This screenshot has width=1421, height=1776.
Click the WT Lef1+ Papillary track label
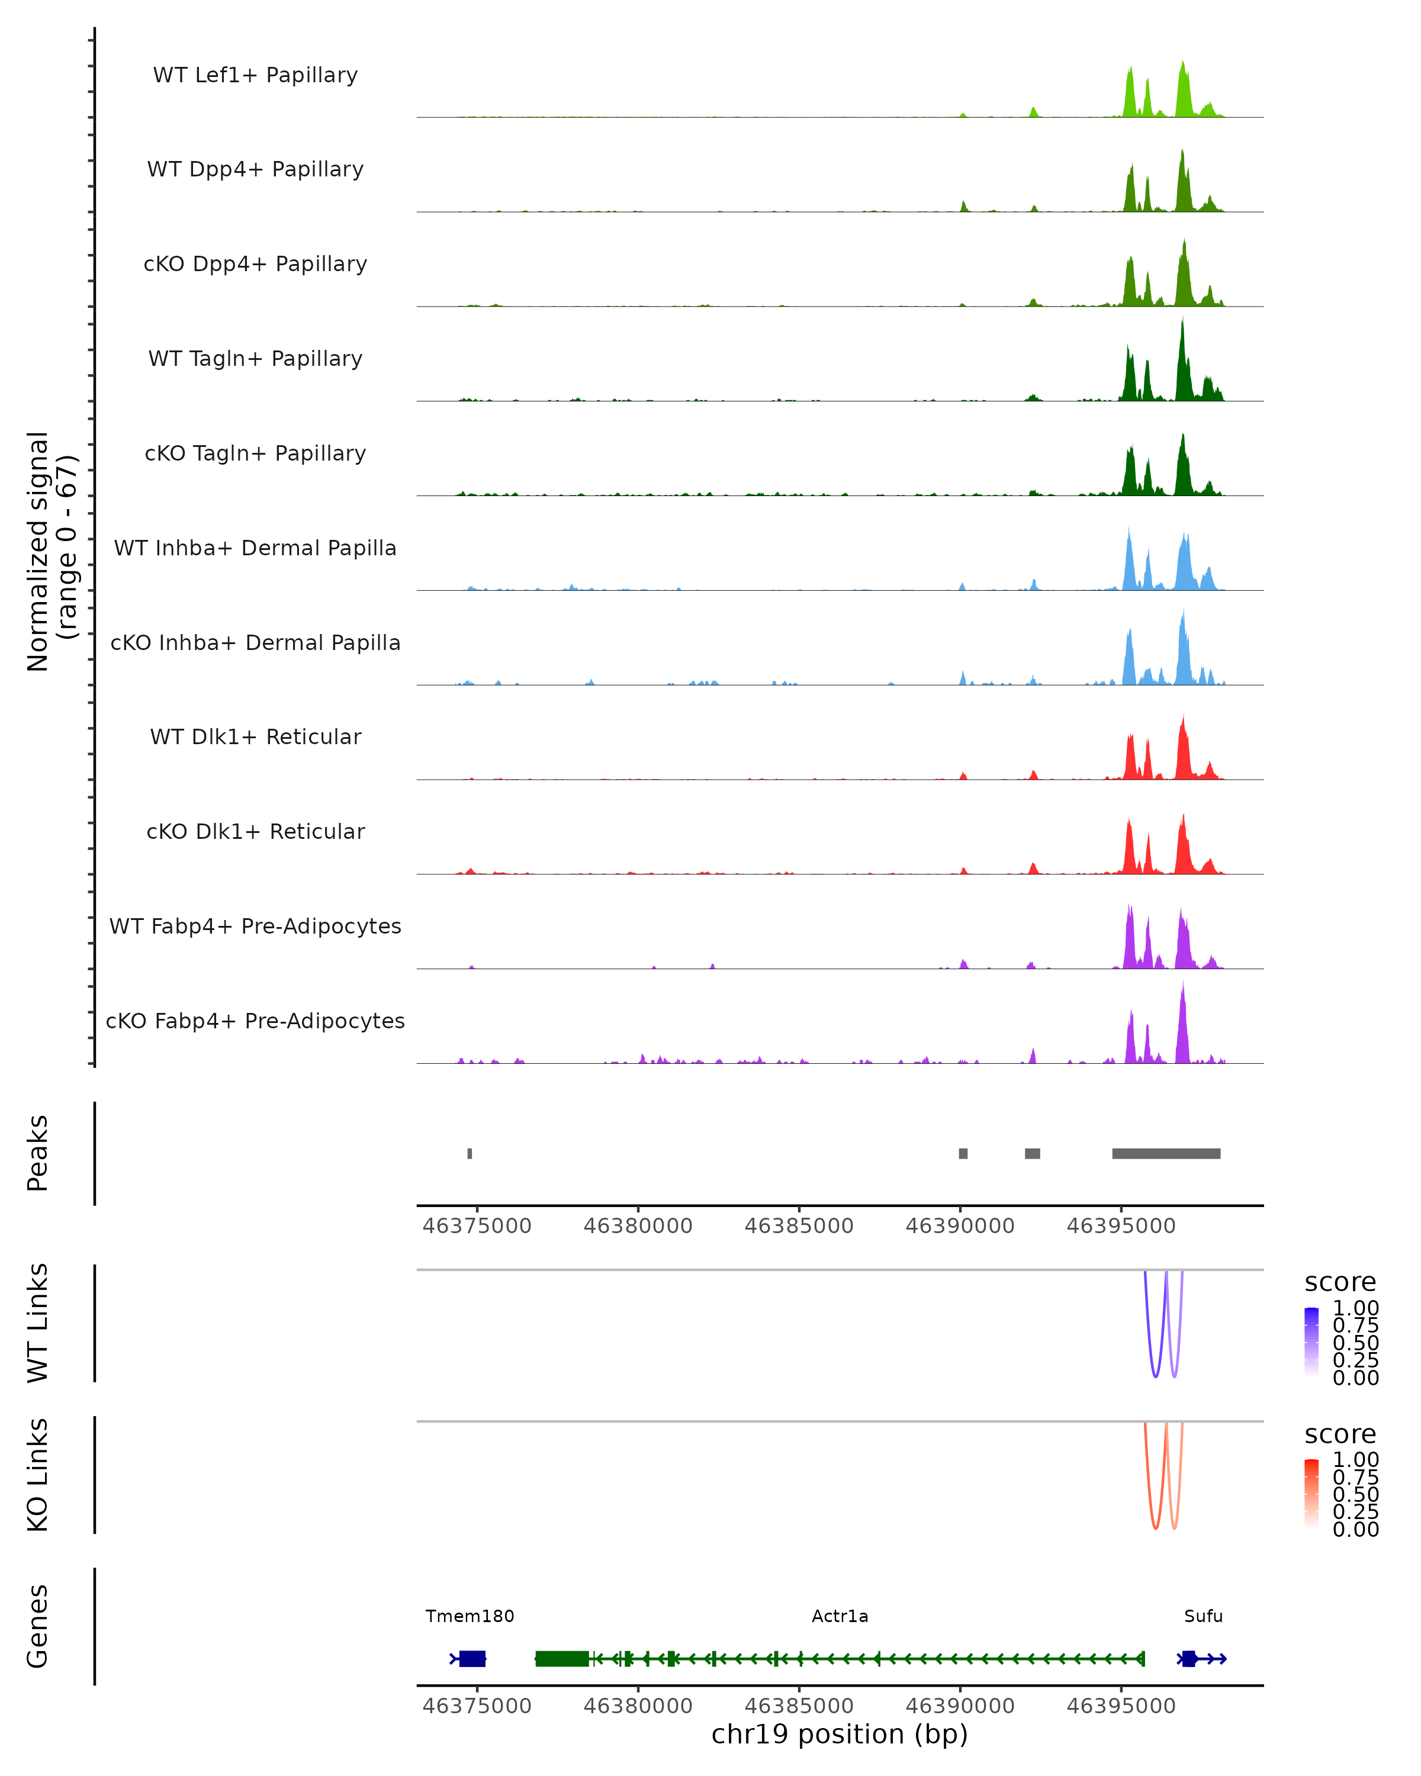point(255,75)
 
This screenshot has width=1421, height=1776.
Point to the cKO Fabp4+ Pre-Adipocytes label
point(255,1021)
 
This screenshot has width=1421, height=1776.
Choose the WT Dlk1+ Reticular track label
point(255,736)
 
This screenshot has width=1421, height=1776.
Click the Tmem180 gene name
point(470,1616)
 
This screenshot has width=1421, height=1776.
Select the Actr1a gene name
point(840,1616)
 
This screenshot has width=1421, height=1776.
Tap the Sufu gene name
point(1203,1616)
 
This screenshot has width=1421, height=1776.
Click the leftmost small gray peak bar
point(470,1153)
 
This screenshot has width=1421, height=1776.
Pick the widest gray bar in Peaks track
point(1166,1153)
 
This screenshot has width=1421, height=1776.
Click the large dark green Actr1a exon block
point(562,1658)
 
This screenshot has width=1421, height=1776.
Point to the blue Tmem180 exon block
point(472,1658)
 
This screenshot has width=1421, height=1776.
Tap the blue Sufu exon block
point(1188,1658)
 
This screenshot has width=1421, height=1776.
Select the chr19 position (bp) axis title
point(840,1734)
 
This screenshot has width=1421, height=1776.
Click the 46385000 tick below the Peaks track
point(798,1226)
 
